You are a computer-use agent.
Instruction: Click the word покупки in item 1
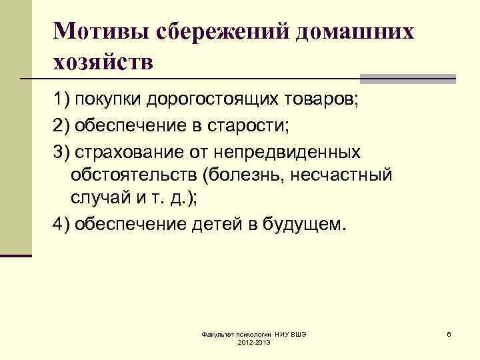coord(107,101)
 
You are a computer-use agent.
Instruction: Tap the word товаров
coord(321,101)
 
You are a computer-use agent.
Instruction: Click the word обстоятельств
coord(133,175)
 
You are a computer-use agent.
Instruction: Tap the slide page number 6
coord(449,333)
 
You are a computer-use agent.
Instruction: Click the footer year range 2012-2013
coord(253,341)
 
